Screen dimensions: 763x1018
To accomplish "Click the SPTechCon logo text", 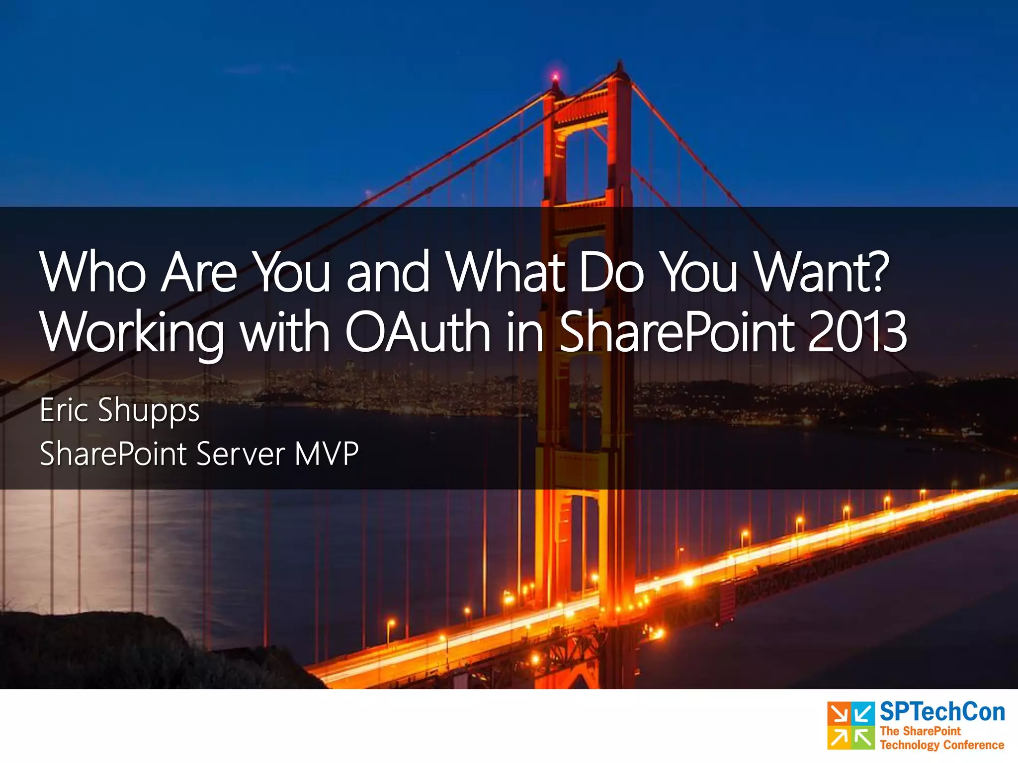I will [942, 712].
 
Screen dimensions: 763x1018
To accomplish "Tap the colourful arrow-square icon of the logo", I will [850, 725].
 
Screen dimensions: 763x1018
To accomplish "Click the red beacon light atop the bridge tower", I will [555, 76].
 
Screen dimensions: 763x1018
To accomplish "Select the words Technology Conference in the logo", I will [941, 745].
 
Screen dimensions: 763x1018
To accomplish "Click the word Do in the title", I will [611, 272].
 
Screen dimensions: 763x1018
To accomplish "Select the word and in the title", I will [388, 272].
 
